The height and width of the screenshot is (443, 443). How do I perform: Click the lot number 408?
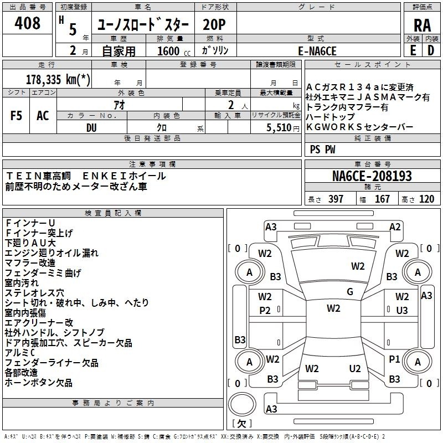point(27,23)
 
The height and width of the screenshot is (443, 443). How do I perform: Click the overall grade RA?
point(422,25)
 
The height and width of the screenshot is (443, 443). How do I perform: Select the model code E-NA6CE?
point(317,51)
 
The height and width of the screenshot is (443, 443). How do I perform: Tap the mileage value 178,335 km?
point(58,80)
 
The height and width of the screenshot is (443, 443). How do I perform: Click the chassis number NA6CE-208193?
point(372,176)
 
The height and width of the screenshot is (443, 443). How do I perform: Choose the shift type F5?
point(16,116)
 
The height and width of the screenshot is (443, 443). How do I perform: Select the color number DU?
point(91,128)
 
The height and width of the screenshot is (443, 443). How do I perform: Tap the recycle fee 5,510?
point(279,128)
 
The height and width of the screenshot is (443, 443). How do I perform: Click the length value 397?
point(336,199)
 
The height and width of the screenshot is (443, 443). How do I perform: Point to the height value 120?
point(426,199)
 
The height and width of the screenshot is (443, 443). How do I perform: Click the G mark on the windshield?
point(350,292)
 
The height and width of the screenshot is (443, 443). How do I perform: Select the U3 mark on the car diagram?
point(402,311)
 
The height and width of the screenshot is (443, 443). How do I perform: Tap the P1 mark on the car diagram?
point(394,359)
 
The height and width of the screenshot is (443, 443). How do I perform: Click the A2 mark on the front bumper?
point(395,227)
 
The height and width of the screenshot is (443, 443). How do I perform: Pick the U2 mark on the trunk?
point(355,369)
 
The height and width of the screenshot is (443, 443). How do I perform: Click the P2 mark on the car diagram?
point(265,311)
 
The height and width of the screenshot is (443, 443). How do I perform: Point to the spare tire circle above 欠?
point(242,404)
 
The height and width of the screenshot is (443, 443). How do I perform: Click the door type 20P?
point(214,25)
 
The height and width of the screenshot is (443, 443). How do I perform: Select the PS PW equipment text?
point(322,150)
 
